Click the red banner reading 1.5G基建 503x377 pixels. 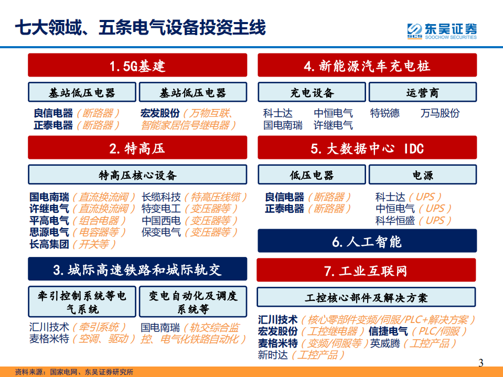coord(137,66)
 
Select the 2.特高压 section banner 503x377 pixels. coord(137,148)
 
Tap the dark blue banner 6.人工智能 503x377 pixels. coord(367,241)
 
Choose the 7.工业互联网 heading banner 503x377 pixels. coord(367,271)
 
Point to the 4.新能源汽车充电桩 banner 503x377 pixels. coord(367,66)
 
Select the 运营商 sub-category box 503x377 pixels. coord(422,93)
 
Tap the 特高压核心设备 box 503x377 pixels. coord(137,175)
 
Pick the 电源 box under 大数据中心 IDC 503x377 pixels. coord(422,175)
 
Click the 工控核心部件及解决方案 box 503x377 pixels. coord(367,297)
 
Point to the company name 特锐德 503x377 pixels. coord(384,113)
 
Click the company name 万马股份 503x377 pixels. coord(440,113)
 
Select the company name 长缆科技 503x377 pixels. coord(161,197)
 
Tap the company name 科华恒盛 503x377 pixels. coord(395,221)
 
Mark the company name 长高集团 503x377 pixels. coord(49,244)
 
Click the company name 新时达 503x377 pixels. coord(273,355)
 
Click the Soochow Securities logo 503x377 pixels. coord(442,30)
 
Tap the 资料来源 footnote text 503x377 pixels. coord(73,372)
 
